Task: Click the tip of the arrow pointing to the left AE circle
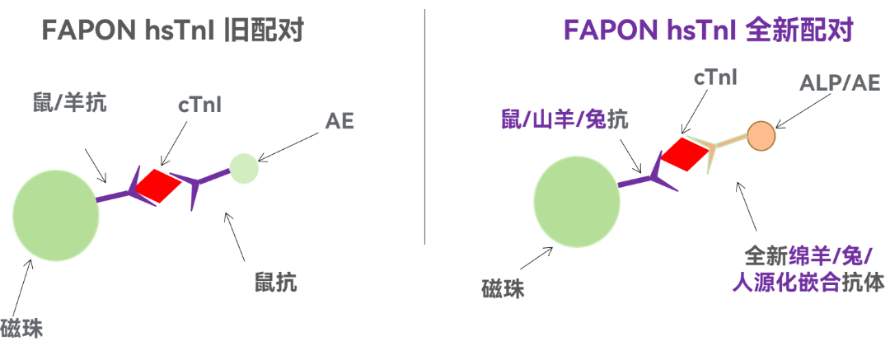[x=257, y=161]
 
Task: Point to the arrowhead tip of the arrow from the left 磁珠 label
[x=32, y=259]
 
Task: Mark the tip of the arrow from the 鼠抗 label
[x=225, y=213]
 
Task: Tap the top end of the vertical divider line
[x=425, y=10]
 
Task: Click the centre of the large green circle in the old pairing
[x=56, y=218]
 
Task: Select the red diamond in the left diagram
[x=157, y=185]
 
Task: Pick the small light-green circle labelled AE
[x=244, y=169]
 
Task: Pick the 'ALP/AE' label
[x=840, y=83]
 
